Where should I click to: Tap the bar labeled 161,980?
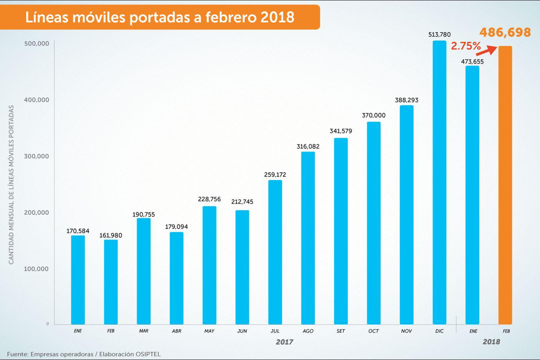pyautogui.click(x=111, y=282)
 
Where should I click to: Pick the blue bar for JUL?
pyautogui.click(x=275, y=252)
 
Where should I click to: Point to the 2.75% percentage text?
pyautogui.click(x=465, y=46)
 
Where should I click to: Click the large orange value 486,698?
pyautogui.click(x=505, y=32)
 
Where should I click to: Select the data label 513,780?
pyautogui.click(x=439, y=34)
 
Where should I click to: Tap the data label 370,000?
pyautogui.click(x=373, y=115)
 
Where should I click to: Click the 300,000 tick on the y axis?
pyautogui.click(x=37, y=156)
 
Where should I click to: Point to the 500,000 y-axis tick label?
pyautogui.click(x=37, y=43)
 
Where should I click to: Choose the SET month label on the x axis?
pyautogui.click(x=341, y=331)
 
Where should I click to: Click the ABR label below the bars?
pyautogui.click(x=176, y=331)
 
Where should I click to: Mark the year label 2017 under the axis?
pyautogui.click(x=284, y=342)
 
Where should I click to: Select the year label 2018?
pyautogui.click(x=491, y=342)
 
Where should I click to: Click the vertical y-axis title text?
pyautogui.click(x=11, y=184)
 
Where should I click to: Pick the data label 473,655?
pyautogui.click(x=472, y=61)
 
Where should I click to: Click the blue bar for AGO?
pyautogui.click(x=308, y=238)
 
